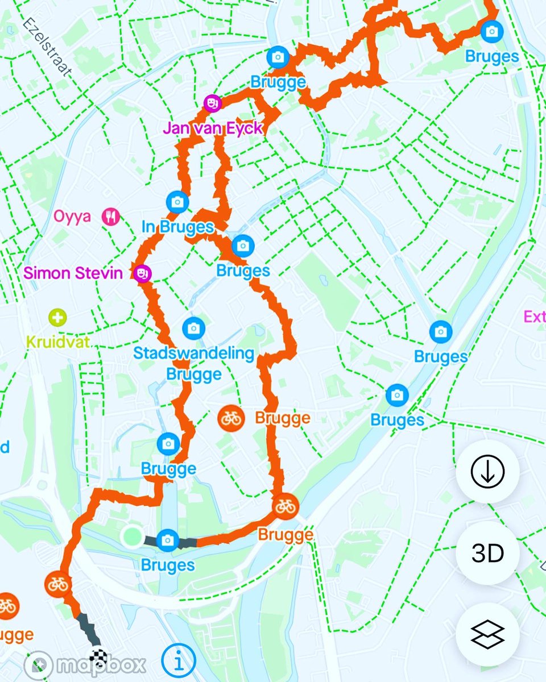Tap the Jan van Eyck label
coord(213,128)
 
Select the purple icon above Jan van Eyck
coord(212,103)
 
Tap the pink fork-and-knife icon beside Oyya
coord(110,216)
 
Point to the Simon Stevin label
coord(73,273)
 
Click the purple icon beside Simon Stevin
coord(141,273)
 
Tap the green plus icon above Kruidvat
coord(57,317)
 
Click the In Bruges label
coord(177,227)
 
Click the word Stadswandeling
coord(193,353)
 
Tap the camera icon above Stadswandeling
coord(193,328)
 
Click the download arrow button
coord(487,471)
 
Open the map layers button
coord(487,634)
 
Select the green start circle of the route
coord(132,535)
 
